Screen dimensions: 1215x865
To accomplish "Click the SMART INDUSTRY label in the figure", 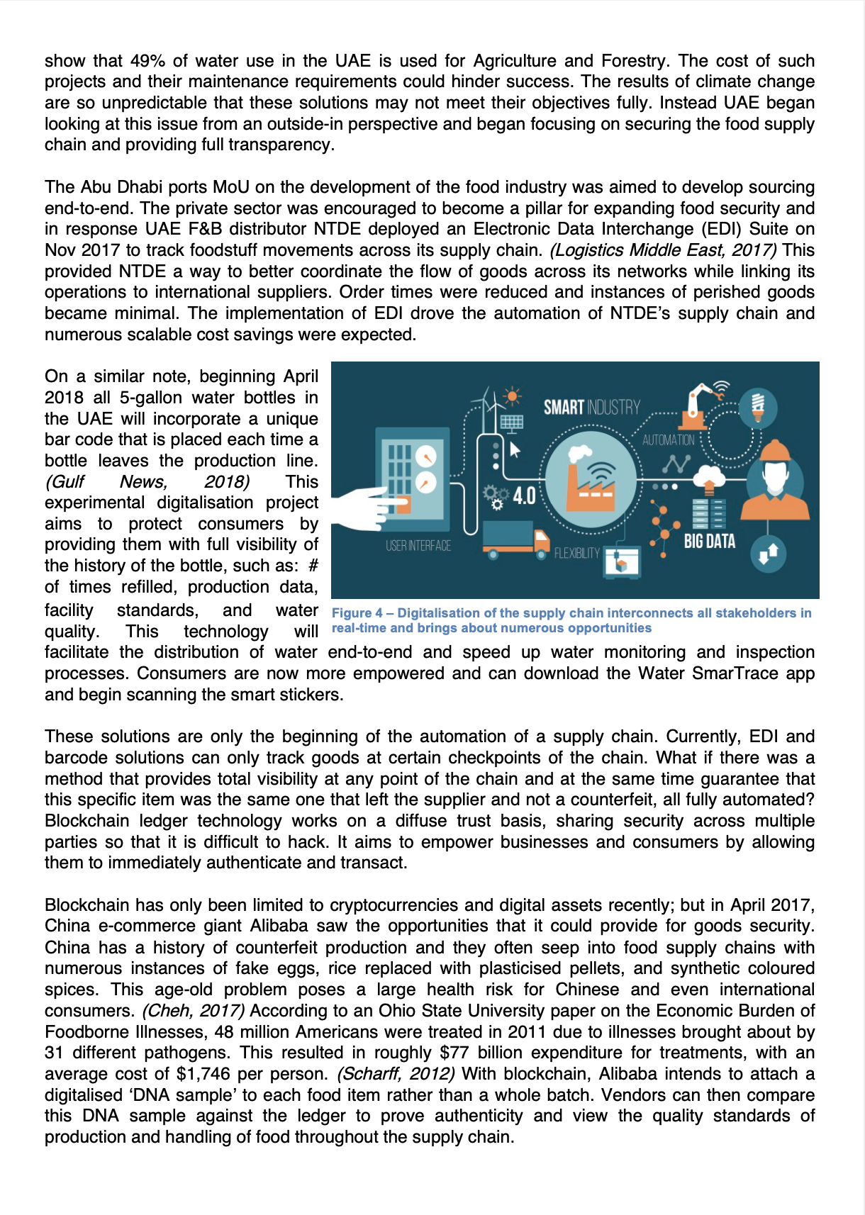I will pos(591,408).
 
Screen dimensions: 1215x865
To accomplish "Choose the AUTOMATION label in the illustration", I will pos(668,440).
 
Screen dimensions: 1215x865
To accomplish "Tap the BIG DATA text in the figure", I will pos(709,542).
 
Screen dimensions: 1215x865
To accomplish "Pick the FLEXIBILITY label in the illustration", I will pos(576,553).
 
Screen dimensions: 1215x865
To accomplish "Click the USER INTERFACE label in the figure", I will pos(418,546).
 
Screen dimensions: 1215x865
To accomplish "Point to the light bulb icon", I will pos(757,405).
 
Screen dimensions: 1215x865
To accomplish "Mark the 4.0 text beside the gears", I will pos(524,495).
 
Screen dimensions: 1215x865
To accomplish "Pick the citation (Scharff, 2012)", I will pos(396,1074).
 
